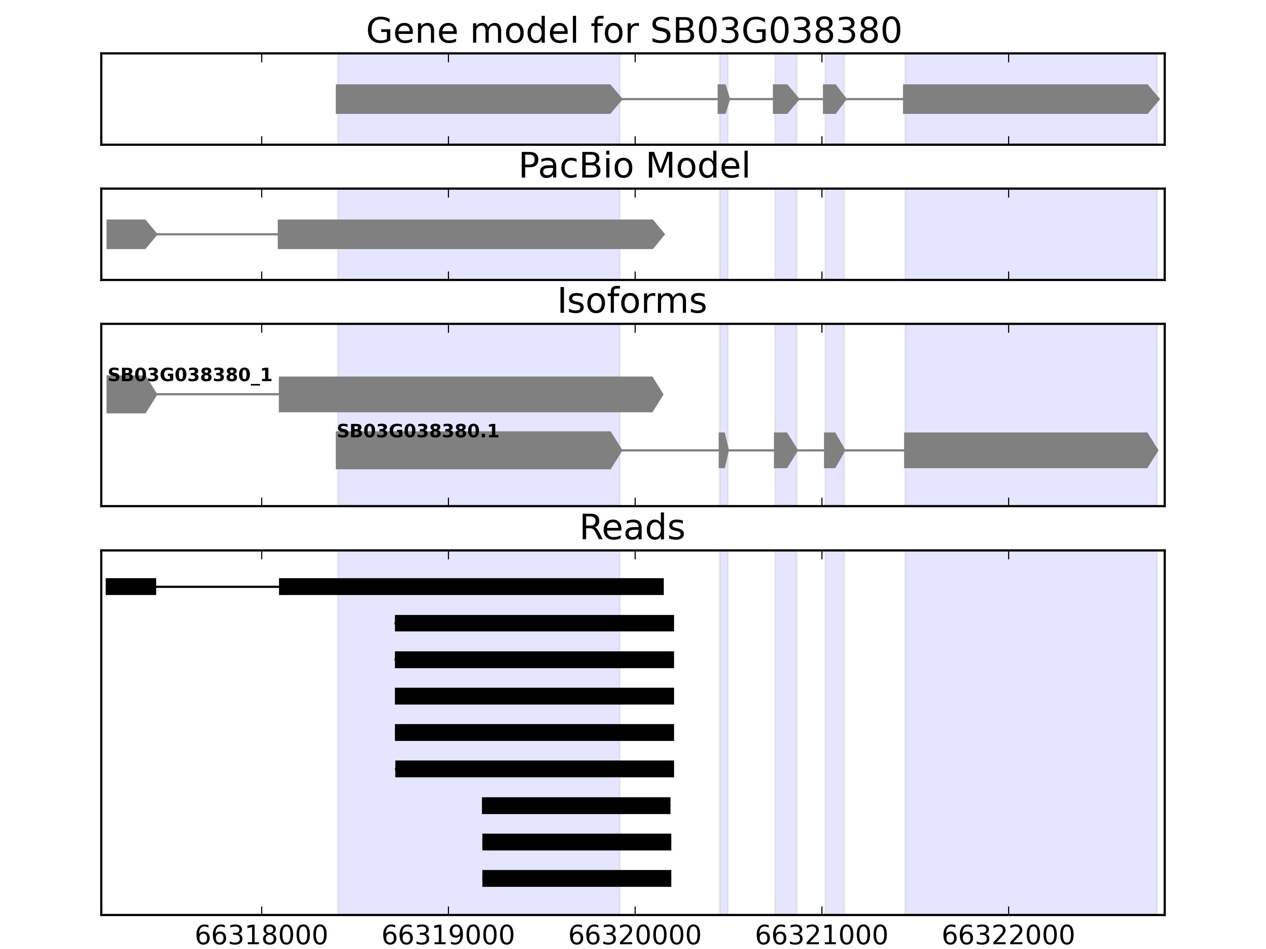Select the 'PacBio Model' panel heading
click(x=633, y=166)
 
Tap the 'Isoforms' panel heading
click(x=632, y=301)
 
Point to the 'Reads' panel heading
click(x=632, y=527)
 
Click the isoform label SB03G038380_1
click(x=190, y=375)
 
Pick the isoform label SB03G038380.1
click(x=417, y=431)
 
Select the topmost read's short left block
click(x=131, y=586)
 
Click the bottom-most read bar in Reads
click(x=576, y=878)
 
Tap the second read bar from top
click(x=534, y=623)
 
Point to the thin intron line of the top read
click(x=218, y=586)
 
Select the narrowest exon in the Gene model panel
click(x=723, y=99)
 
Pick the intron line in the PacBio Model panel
click(x=218, y=234)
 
